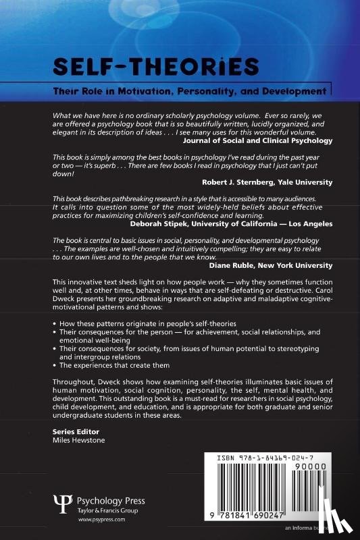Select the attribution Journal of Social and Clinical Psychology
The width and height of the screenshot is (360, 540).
[x=257, y=141]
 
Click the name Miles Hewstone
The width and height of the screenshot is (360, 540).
[x=79, y=440]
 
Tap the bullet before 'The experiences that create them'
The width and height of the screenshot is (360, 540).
[x=54, y=365]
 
